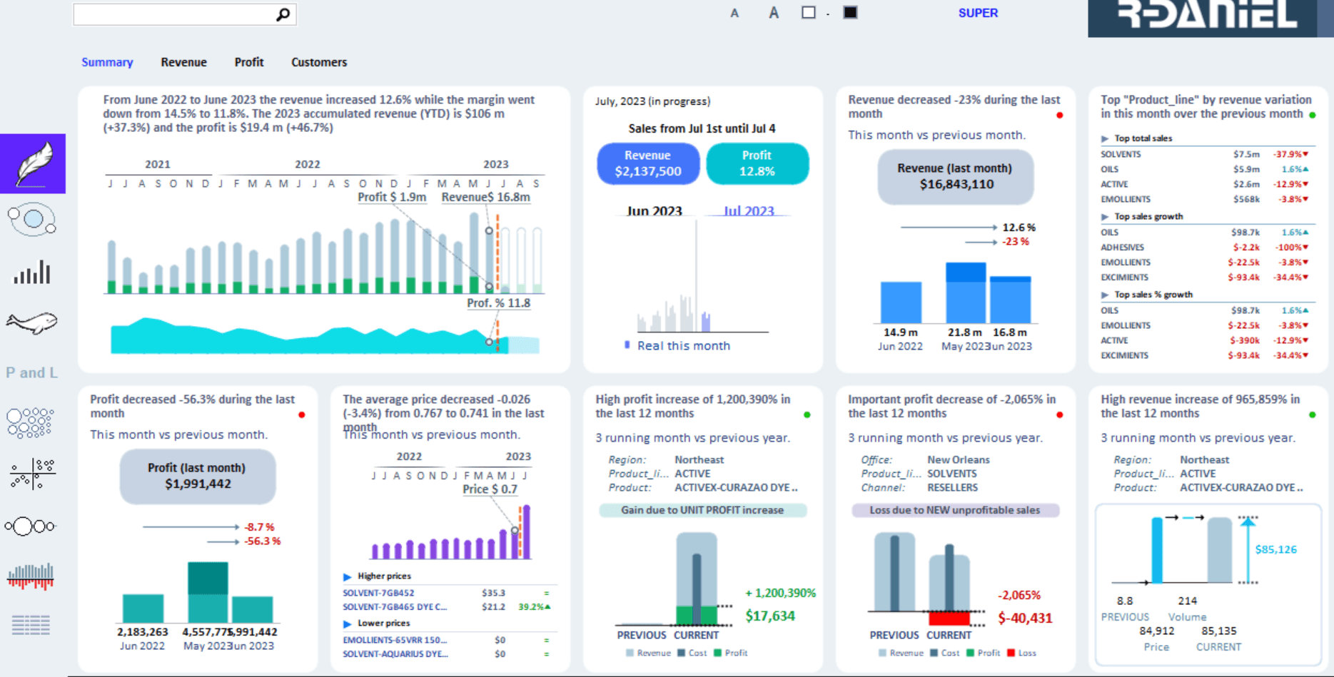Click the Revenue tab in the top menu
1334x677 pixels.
point(183,62)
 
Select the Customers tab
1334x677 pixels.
point(319,62)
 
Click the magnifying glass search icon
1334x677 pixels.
point(283,14)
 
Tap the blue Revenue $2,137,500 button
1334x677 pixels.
point(648,163)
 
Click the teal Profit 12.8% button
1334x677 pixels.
point(757,163)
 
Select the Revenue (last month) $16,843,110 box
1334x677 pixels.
point(956,176)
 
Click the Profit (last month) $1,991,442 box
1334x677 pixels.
point(197,476)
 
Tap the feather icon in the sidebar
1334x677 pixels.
point(33,163)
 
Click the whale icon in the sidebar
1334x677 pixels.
point(31,323)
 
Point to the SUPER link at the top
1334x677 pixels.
point(978,13)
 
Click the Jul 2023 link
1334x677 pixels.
point(748,211)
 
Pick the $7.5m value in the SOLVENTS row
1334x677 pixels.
point(1246,154)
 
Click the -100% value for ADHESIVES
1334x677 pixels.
point(1290,248)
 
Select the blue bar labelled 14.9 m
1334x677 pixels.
point(901,302)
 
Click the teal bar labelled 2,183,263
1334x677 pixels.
point(143,609)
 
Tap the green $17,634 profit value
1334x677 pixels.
point(769,616)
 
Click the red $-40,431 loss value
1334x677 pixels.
point(1024,618)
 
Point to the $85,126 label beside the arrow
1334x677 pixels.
point(1275,549)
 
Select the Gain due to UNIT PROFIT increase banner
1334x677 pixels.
point(702,510)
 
